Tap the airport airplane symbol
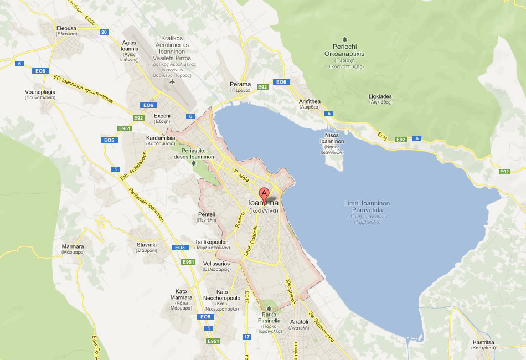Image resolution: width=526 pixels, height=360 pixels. point(172,82)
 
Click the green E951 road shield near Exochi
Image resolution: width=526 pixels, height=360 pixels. point(125,128)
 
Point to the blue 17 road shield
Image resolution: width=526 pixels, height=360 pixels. point(247,337)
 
